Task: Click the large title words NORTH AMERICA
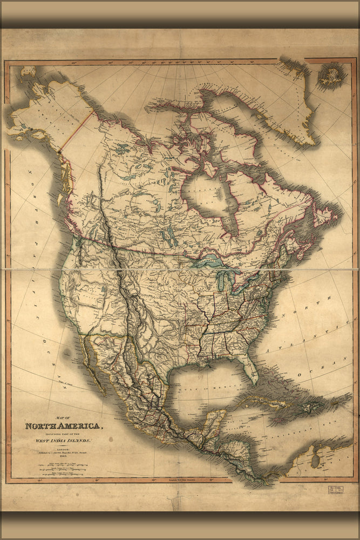point(63,426)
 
